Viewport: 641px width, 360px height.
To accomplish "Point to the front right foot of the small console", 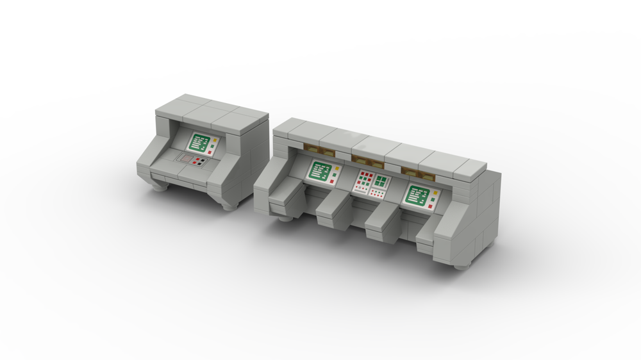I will (x=231, y=204).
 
